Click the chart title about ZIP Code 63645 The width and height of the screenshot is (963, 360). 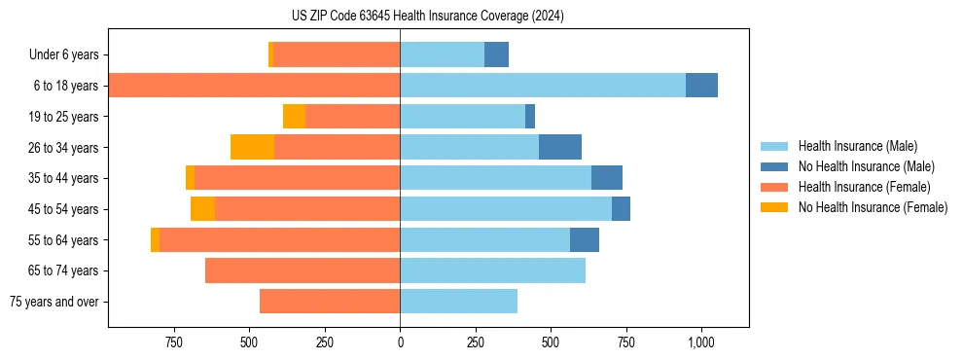(427, 16)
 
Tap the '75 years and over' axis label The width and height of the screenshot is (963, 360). (53, 302)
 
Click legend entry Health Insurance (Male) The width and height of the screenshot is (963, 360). (857, 146)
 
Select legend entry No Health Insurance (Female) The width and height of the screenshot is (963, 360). (873, 207)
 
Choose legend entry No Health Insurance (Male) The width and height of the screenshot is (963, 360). (866, 166)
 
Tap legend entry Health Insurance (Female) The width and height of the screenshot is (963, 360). (864, 187)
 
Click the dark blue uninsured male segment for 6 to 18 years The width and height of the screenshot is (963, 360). (701, 86)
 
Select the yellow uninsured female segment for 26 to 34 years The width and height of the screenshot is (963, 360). (252, 147)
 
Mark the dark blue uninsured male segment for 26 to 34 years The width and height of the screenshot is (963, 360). (560, 147)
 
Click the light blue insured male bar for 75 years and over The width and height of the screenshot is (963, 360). (458, 302)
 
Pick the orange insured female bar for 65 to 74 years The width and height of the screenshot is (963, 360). (303, 270)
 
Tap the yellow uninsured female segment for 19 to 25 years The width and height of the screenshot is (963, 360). (294, 116)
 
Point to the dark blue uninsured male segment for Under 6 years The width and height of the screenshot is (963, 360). (496, 54)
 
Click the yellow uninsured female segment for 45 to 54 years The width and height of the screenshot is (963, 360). (202, 208)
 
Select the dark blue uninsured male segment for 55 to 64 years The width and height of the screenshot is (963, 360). (585, 239)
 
